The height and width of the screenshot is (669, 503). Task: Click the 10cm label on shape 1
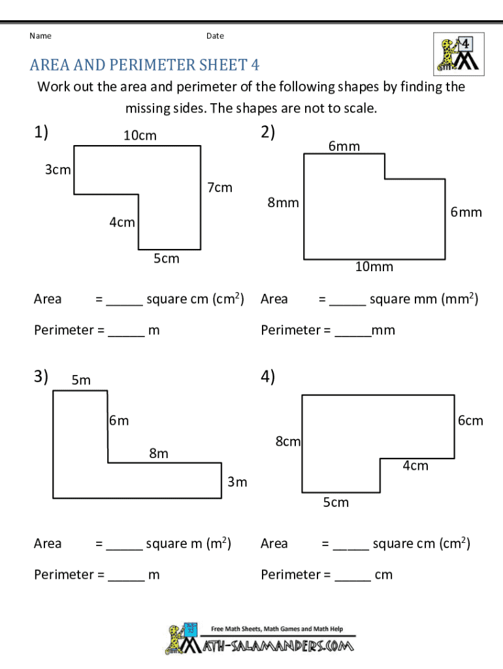point(140,136)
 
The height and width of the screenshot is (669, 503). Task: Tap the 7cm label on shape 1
point(219,188)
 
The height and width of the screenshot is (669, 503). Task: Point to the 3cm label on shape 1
point(58,170)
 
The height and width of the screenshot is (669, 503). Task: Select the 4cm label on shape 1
point(122,222)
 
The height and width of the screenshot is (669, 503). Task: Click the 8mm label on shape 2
point(283,203)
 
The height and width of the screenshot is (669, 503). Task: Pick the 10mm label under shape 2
point(374,267)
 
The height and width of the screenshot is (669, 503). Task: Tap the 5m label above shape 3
point(81,380)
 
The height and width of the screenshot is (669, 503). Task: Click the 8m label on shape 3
point(159,453)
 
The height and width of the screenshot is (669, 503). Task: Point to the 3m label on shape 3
point(237,481)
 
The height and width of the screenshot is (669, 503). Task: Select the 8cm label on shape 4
point(288,441)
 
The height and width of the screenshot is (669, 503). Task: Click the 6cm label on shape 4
point(470,421)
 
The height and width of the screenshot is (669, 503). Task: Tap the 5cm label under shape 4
point(336,502)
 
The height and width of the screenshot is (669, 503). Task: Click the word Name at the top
point(41,36)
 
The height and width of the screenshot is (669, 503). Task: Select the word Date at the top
point(215,36)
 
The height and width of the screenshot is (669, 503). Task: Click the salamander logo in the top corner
point(459,54)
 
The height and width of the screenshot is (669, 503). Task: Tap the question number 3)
point(41,376)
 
